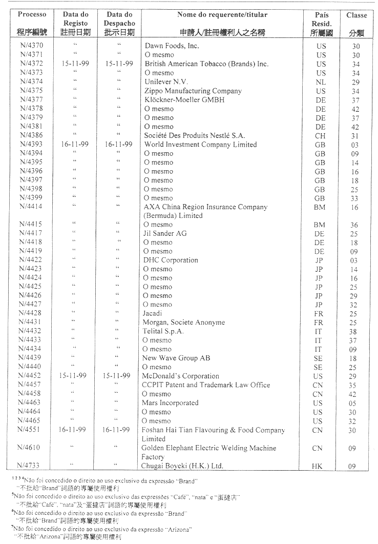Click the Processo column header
point(32,14)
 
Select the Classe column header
point(356,15)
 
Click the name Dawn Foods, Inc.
point(172,46)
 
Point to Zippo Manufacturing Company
point(193,91)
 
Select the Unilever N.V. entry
point(166,82)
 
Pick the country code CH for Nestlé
point(321,135)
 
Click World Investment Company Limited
point(200,145)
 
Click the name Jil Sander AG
point(164,233)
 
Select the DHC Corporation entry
point(171,260)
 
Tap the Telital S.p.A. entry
point(163,331)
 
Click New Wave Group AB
point(176,358)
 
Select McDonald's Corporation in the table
point(181,376)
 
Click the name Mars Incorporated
point(171,403)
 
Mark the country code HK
point(318,466)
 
